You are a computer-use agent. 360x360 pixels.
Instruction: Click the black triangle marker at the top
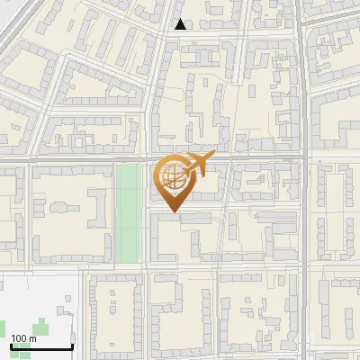(181, 24)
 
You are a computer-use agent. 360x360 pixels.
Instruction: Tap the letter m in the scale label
(33, 338)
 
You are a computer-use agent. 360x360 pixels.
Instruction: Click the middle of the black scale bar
(41, 347)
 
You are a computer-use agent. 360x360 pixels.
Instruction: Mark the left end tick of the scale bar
(11, 346)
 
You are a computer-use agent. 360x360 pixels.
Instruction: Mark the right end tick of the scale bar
(72, 346)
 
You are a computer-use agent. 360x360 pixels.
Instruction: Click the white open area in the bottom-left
(36, 297)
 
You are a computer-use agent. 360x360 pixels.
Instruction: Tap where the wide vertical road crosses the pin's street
(307, 159)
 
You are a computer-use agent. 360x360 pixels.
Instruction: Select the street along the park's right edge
(146, 216)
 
